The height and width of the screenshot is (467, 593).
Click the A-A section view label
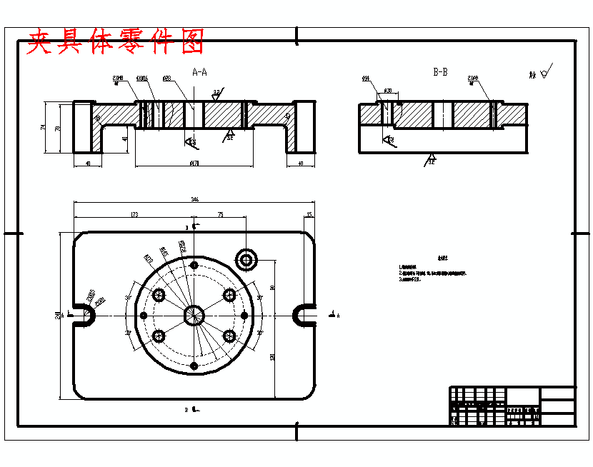(x=200, y=72)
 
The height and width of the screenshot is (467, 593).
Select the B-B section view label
(x=440, y=72)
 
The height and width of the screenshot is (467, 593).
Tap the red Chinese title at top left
(x=115, y=42)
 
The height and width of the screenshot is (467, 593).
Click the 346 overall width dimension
(x=194, y=199)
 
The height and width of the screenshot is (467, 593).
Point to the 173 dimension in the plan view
(x=134, y=214)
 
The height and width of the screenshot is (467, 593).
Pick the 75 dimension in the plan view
(x=220, y=214)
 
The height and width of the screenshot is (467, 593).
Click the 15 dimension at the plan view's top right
(x=309, y=214)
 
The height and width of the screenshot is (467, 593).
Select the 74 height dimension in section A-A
(x=44, y=127)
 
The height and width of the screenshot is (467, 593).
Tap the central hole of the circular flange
(x=194, y=314)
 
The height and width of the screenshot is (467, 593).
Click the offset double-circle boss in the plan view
(x=247, y=259)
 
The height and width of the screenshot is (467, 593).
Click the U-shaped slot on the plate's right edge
(x=306, y=314)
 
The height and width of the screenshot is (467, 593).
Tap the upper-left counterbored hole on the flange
(x=159, y=295)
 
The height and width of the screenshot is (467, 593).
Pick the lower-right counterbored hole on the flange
(x=229, y=335)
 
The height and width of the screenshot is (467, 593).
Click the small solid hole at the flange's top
(x=194, y=264)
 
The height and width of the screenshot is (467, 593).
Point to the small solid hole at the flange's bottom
(x=194, y=365)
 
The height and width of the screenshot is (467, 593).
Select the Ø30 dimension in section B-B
(x=389, y=91)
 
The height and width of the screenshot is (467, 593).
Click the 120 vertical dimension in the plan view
(x=272, y=356)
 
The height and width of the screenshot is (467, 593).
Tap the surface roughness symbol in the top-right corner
(x=544, y=72)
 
